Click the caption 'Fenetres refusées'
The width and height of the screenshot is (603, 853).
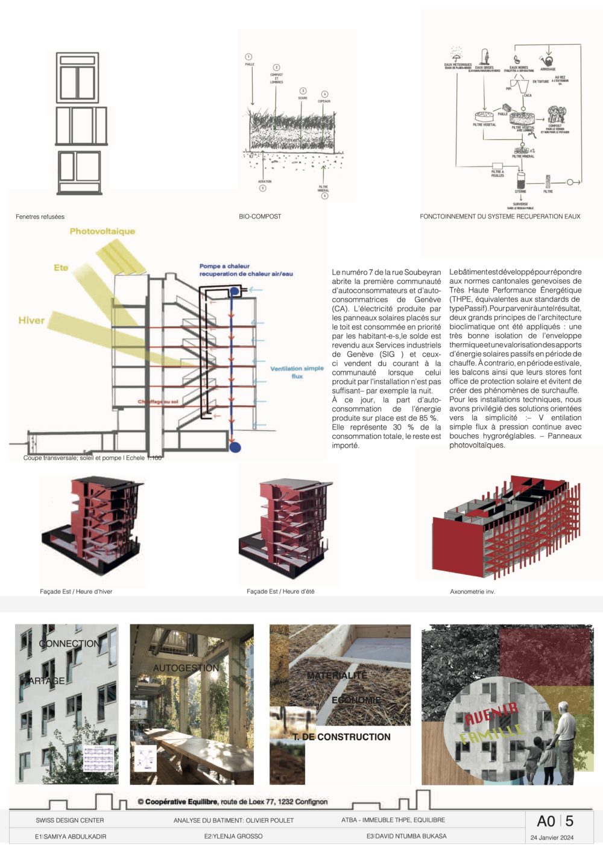pyautogui.click(x=40, y=217)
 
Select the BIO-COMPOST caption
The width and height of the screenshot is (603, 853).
pyautogui.click(x=260, y=217)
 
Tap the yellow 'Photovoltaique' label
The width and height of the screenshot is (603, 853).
pyautogui.click(x=103, y=231)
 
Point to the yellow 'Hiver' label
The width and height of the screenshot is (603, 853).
pyautogui.click(x=31, y=321)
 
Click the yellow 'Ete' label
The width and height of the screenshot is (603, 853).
pyautogui.click(x=61, y=267)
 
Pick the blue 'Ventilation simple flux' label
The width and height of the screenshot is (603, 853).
pyautogui.click(x=297, y=372)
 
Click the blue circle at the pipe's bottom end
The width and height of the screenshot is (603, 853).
pyautogui.click(x=235, y=447)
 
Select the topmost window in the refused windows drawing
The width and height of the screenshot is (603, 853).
pyautogui.click(x=77, y=78)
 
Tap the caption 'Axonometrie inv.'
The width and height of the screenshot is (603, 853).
pyautogui.click(x=472, y=592)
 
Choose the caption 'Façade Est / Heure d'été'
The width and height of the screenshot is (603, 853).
pyautogui.click(x=280, y=592)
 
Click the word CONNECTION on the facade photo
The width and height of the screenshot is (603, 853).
pyautogui.click(x=70, y=644)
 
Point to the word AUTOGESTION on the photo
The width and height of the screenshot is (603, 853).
pyautogui.click(x=186, y=668)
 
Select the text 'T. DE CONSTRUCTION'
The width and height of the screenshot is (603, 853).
pyautogui.click(x=342, y=737)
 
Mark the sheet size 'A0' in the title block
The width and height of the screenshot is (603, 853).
pyautogui.click(x=546, y=821)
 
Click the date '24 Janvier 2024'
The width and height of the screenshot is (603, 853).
pyautogui.click(x=552, y=837)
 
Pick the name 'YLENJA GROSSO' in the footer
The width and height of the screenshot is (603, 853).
pyautogui.click(x=236, y=836)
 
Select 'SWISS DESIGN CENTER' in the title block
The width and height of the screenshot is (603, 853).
pyautogui.click(x=69, y=820)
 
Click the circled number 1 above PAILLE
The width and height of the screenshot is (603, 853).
pyautogui.click(x=248, y=57)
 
